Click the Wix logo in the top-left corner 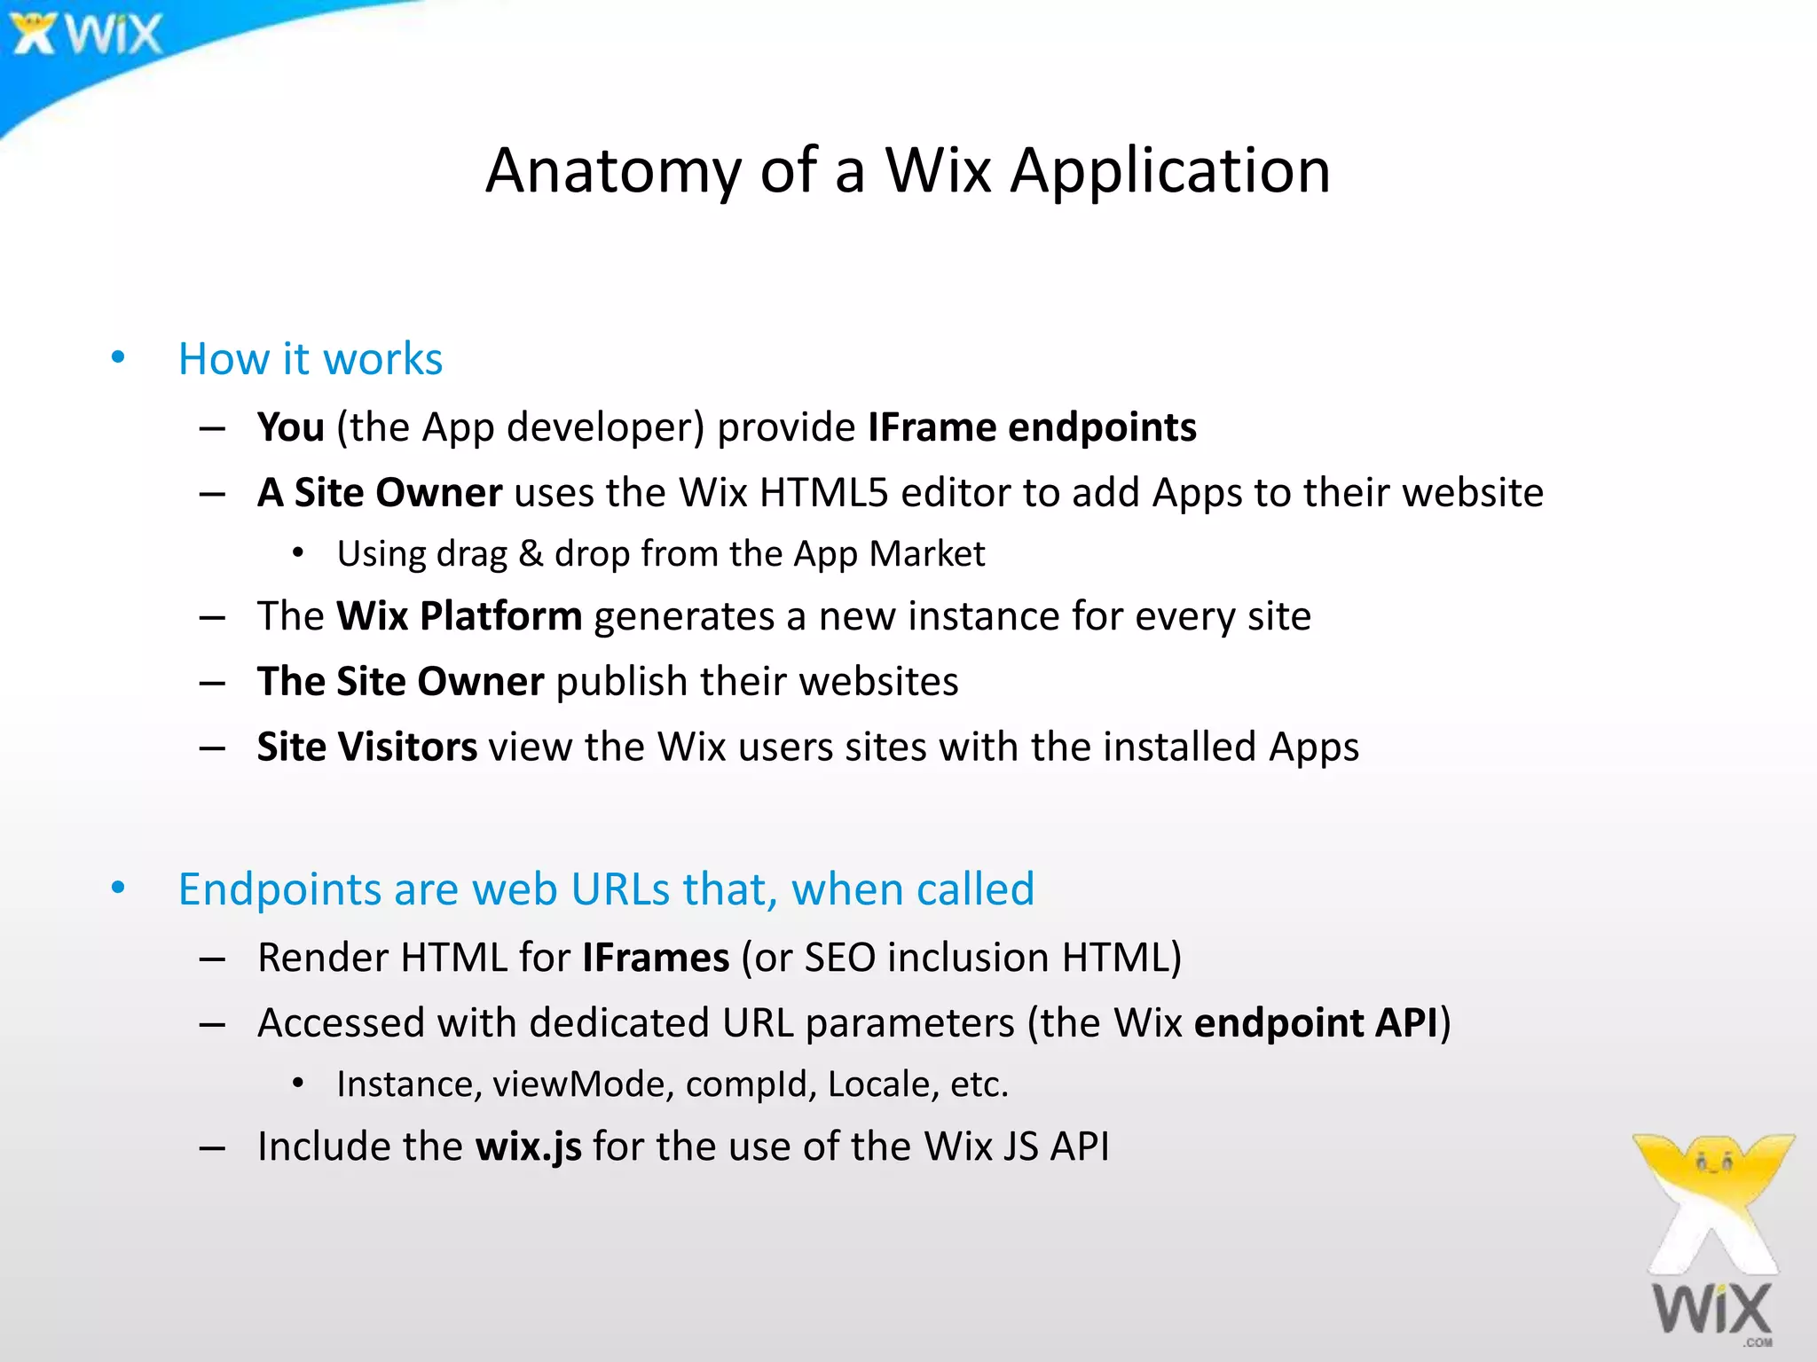pyautogui.click(x=87, y=35)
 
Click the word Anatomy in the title pyautogui.click(x=613, y=170)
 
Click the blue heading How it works pyautogui.click(x=310, y=359)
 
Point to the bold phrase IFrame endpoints pyautogui.click(x=1032, y=427)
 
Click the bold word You pyautogui.click(x=290, y=427)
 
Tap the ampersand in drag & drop pyautogui.click(x=531, y=554)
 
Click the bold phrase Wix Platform pyautogui.click(x=459, y=616)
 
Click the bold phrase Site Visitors pyautogui.click(x=366, y=748)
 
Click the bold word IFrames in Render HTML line pyautogui.click(x=656, y=958)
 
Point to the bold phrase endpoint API pyautogui.click(x=1315, y=1023)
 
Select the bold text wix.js pyautogui.click(x=528, y=1147)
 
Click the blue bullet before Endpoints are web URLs pyautogui.click(x=118, y=888)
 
